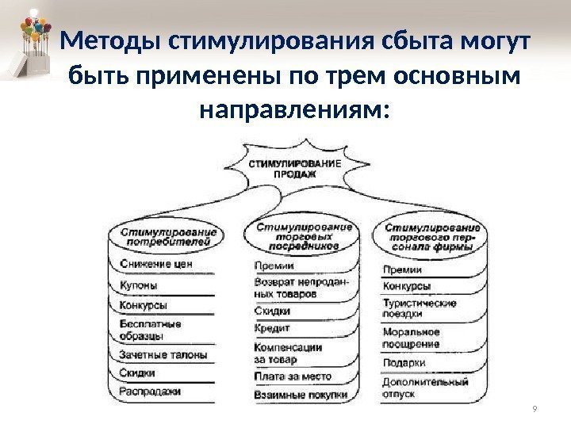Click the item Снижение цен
tap(156, 264)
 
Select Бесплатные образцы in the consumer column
tap(151, 329)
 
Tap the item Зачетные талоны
tap(163, 354)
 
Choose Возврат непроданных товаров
tap(305, 287)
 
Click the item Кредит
tap(273, 327)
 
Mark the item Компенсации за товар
tap(289, 353)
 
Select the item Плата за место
tap(293, 376)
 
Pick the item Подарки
tap(404, 364)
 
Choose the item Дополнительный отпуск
tap(425, 387)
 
